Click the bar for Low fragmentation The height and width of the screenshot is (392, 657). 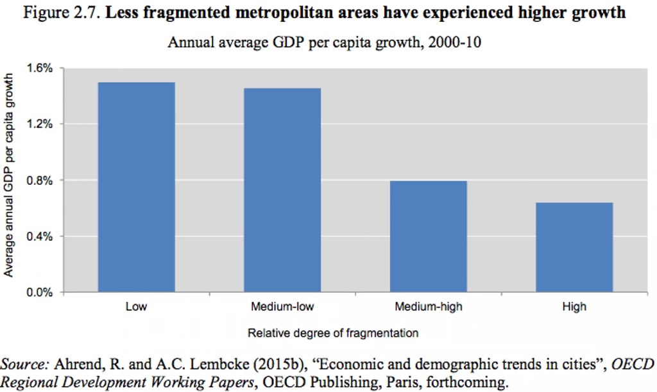coord(135,187)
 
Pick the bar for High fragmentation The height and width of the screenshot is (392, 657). coord(574,247)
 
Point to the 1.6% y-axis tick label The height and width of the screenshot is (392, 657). coord(40,68)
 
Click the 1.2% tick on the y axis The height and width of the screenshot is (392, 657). coord(40,124)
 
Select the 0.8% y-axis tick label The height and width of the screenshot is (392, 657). coord(40,180)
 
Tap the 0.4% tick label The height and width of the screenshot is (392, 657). coord(40,236)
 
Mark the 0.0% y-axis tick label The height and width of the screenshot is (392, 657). coord(40,293)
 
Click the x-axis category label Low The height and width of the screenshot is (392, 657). coord(136,307)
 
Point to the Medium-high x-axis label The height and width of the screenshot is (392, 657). coord(428,307)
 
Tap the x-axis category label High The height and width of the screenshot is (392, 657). coord(574,307)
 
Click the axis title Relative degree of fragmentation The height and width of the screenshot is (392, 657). coord(333,333)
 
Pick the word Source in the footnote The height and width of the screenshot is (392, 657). coord(24,364)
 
